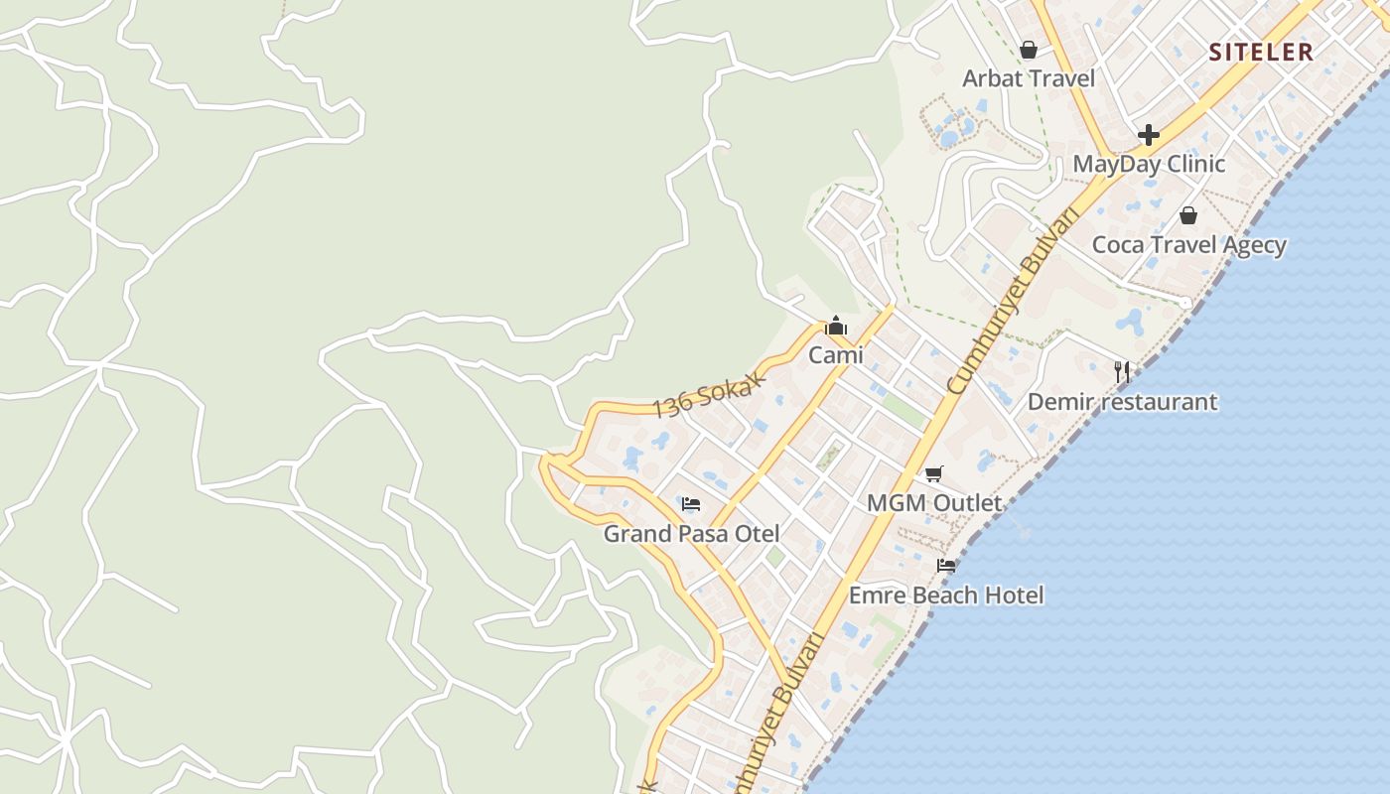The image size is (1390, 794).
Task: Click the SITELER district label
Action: click(1261, 53)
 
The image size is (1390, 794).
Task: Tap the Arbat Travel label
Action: click(1029, 78)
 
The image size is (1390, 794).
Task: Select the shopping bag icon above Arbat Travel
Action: click(1029, 49)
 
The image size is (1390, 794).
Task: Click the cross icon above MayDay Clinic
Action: click(1149, 134)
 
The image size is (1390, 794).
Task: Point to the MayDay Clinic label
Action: click(1149, 164)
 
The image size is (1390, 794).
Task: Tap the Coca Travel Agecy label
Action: click(1188, 245)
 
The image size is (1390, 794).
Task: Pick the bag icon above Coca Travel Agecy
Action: click(1188, 215)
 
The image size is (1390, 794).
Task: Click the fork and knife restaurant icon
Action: click(1122, 372)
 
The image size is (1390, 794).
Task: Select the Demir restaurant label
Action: click(1122, 402)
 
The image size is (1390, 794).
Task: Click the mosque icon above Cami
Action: click(836, 326)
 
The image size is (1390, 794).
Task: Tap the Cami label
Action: click(836, 355)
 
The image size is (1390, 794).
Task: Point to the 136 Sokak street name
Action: click(711, 394)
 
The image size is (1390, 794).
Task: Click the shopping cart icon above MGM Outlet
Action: click(934, 473)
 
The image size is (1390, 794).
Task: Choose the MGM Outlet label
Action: click(934, 503)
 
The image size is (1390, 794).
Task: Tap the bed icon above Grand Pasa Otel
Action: click(691, 504)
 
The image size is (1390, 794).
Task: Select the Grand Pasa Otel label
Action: click(691, 534)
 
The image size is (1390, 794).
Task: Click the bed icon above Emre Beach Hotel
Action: click(946, 566)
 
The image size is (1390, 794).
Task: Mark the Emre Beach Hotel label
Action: click(946, 595)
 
